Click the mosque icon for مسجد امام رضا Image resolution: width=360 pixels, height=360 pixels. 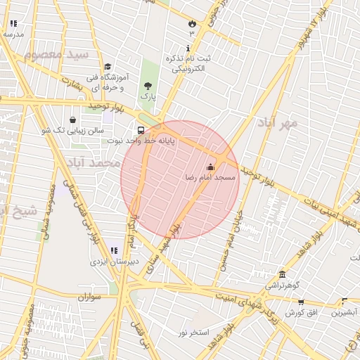tap(210, 167)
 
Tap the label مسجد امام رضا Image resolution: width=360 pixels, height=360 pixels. tap(209, 179)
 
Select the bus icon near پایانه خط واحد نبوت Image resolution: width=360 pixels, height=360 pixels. tap(141, 130)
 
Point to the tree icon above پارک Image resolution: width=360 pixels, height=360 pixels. tap(147, 85)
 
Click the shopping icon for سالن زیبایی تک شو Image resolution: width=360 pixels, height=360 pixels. tap(73, 120)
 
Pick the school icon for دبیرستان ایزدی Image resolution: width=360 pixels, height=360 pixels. tap(113, 250)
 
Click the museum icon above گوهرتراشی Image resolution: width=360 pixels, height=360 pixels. tap(282, 274)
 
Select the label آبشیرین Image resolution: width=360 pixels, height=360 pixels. tap(345, 311)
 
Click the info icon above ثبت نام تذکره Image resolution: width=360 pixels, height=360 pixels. tap(188, 48)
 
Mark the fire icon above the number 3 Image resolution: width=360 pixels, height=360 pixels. tap(191, 23)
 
